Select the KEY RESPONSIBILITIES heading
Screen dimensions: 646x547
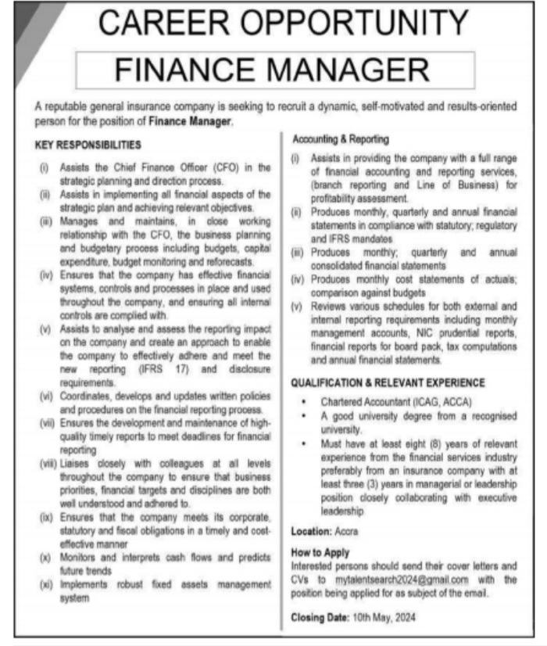pyautogui.click(x=88, y=145)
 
